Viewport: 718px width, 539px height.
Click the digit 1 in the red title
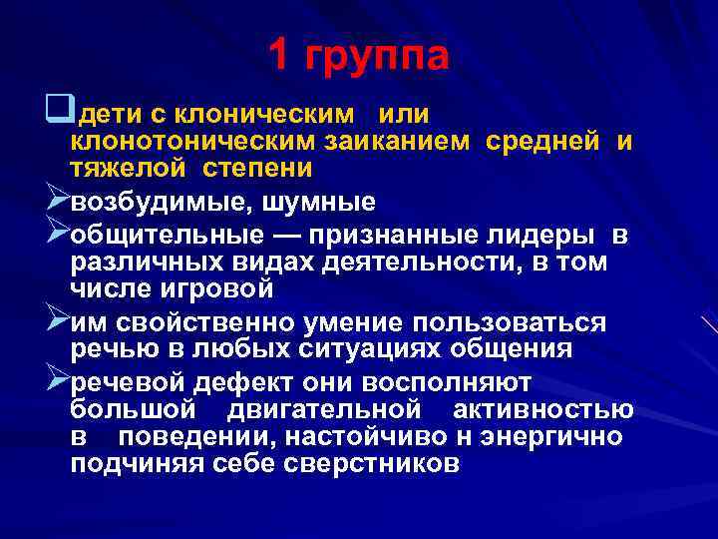280,56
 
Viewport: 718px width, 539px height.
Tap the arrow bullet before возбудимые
58,202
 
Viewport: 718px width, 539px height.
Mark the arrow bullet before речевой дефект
58,382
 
